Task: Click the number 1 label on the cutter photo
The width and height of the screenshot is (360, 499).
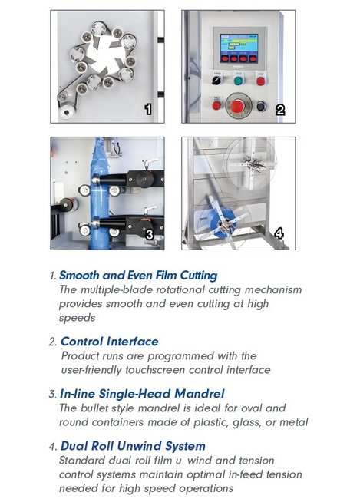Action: pos(148,109)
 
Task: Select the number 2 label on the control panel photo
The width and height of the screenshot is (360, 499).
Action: pos(280,110)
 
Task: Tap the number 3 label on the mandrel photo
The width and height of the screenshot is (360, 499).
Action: pos(150,233)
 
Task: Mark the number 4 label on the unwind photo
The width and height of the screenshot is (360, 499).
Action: pos(279,233)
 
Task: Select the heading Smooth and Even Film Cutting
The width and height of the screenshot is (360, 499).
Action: pos(138,275)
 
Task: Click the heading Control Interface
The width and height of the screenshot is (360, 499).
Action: pos(109,341)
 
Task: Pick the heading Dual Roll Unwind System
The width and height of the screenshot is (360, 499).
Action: pos(132,446)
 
